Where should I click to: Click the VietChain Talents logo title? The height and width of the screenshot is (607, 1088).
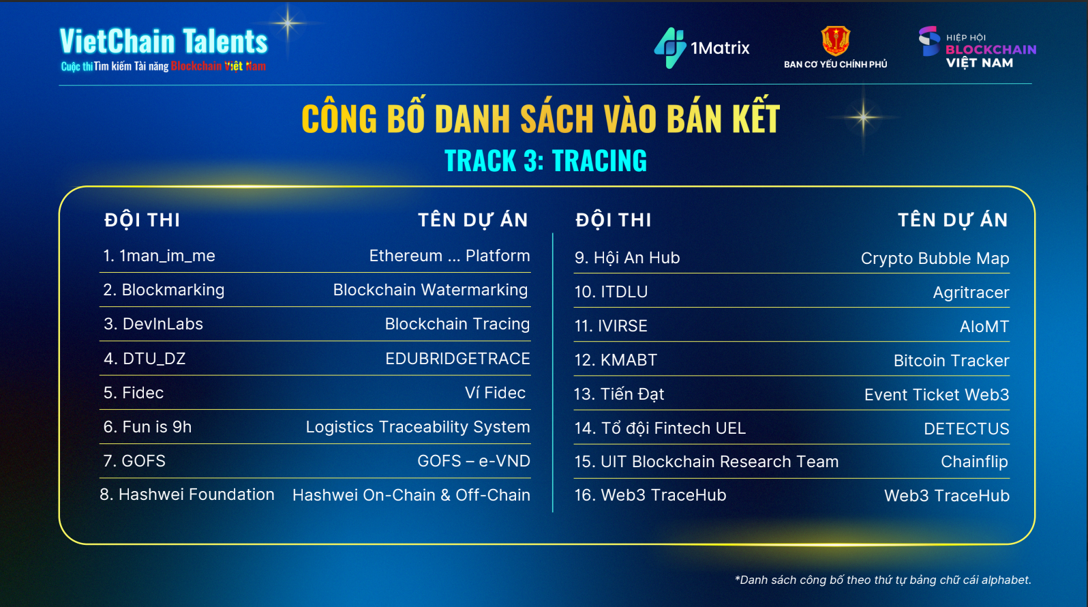[164, 42]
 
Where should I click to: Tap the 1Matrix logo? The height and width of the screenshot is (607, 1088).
[702, 48]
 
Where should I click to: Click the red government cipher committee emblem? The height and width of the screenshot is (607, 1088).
[835, 41]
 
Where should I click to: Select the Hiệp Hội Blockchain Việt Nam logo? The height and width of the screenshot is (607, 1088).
[977, 48]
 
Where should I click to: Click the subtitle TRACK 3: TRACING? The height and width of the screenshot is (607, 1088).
[545, 161]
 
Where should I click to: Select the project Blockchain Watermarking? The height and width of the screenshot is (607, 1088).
[430, 290]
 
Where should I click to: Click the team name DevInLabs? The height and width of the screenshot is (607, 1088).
[162, 324]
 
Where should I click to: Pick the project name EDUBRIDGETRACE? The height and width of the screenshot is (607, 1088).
[457, 359]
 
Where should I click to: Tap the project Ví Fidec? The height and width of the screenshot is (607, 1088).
[495, 393]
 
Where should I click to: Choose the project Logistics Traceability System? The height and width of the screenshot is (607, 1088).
[417, 427]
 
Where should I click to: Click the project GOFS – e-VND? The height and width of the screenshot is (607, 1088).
[474, 461]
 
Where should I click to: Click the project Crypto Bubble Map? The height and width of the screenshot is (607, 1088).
[935, 258]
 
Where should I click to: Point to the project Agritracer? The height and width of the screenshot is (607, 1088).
[971, 293]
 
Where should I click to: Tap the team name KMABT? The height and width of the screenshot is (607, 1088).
[629, 360]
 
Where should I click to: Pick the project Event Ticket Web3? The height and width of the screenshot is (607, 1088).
[937, 395]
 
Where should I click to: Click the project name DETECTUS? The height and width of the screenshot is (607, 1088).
[966, 429]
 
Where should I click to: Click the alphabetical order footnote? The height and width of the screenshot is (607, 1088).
[883, 580]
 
